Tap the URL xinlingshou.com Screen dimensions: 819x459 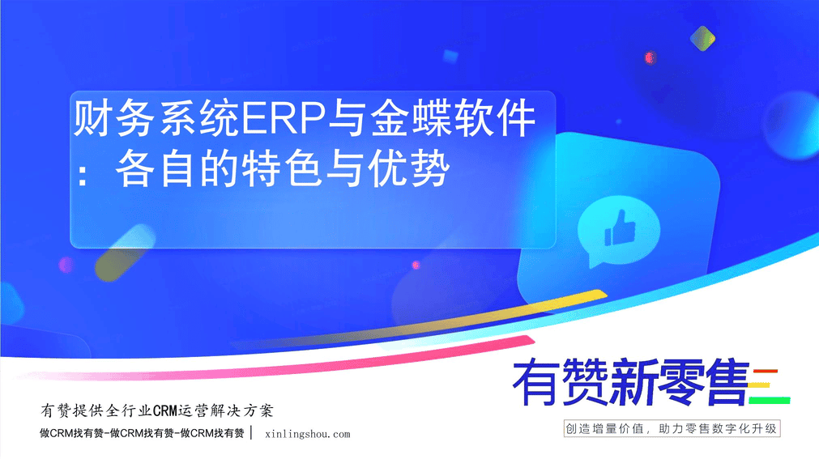308,434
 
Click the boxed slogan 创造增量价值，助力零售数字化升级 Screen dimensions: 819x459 672,429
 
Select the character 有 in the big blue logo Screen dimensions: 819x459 537,382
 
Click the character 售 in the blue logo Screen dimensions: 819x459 727,382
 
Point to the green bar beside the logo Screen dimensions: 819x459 769,401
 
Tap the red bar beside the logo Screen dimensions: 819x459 766,372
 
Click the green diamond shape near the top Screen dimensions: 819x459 702,38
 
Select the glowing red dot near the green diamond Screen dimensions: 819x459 650,57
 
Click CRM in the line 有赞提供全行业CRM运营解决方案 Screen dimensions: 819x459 165,411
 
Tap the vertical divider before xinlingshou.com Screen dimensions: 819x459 252,433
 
